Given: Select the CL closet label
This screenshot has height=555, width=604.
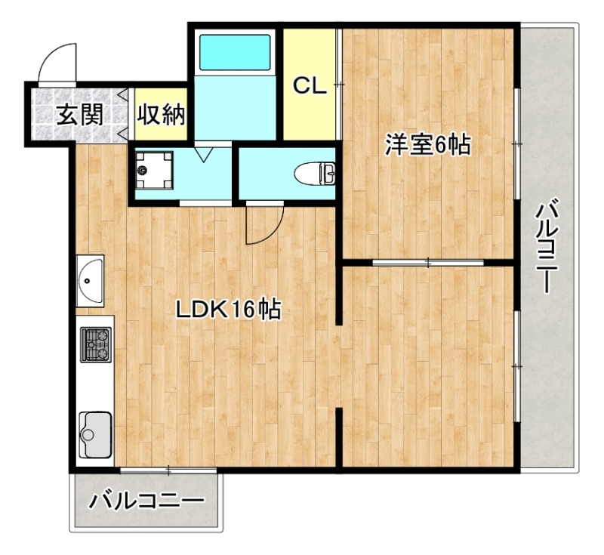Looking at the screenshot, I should coord(310,86).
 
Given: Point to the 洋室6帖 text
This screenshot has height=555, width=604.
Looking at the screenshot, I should coord(427,145).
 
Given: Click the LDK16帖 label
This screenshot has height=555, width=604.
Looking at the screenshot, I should coord(228,310).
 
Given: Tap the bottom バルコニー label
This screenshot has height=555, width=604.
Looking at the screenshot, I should coord(146,501).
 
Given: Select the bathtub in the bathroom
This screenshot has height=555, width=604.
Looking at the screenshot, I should coord(235,53).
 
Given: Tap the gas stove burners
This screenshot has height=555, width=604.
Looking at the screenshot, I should coord(96,345).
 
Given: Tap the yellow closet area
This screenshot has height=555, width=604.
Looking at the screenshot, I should coord(310,113).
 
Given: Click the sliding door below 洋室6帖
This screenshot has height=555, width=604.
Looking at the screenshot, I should coord(428,263).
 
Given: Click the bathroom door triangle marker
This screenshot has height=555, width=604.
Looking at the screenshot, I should coord(203,153).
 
